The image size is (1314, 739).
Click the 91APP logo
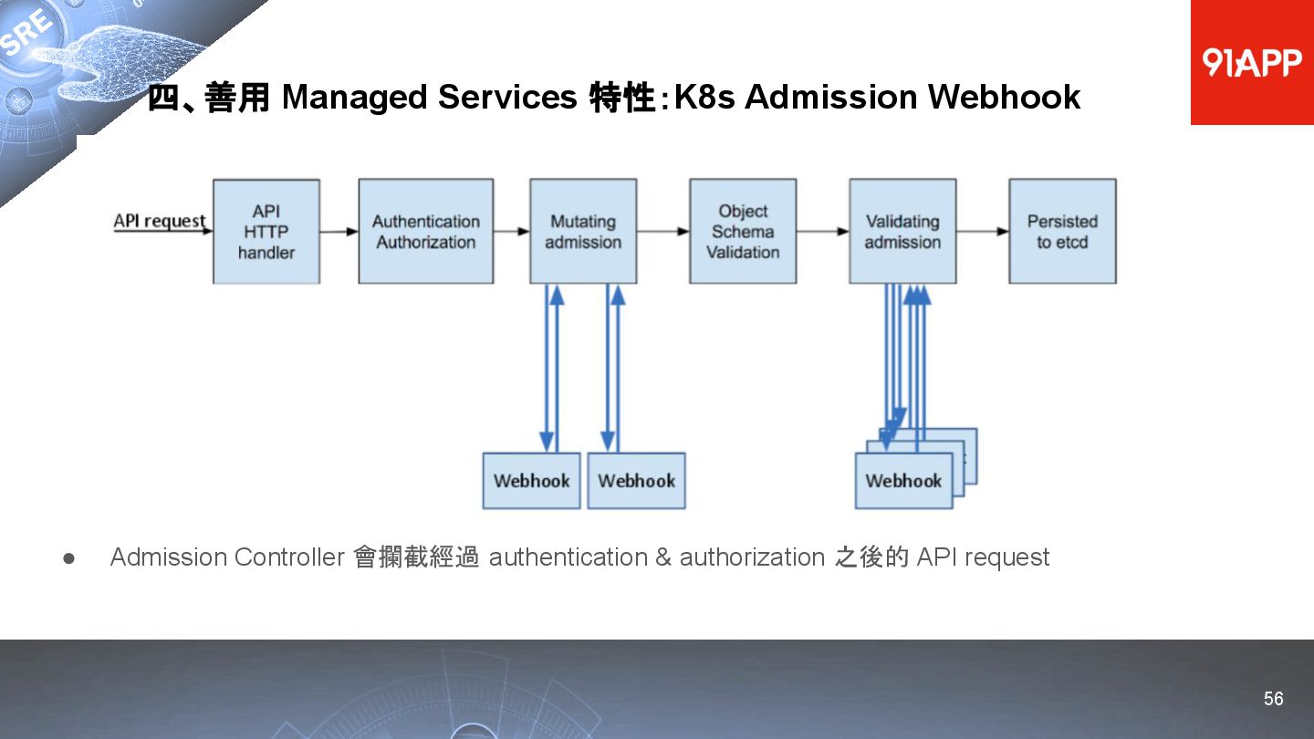1251,62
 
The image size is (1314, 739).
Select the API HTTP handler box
266,232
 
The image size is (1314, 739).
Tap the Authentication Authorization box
425,232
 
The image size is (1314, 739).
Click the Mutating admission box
583,232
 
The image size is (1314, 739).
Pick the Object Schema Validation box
743,232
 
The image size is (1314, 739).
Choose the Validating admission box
902,232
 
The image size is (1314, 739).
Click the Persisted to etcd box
1062,232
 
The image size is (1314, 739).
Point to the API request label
159,221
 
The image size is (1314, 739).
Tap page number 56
1273,699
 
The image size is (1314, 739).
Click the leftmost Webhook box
531,481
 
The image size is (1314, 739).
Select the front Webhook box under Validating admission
903,481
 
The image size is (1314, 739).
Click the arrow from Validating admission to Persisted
983,232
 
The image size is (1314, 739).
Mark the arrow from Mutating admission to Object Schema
663,232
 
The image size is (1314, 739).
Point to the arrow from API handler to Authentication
339,232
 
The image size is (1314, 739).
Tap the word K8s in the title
704,97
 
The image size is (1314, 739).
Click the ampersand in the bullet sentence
663,557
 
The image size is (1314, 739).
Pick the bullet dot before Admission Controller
68,557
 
